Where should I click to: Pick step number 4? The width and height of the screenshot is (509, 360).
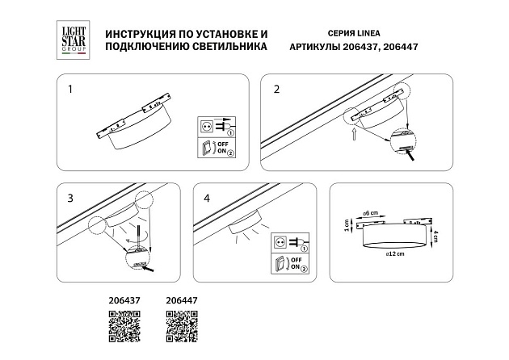(208, 198)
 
